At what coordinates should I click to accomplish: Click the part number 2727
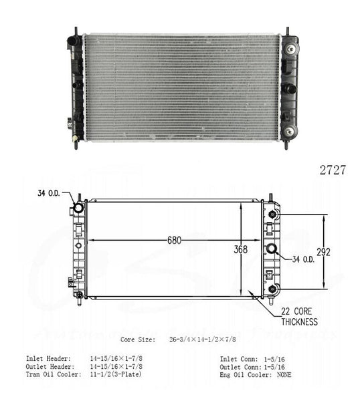click(333, 170)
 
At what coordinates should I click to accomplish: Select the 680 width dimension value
click(175, 241)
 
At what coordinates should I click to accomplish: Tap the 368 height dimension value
click(241, 249)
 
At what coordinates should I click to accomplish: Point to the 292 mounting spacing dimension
click(324, 252)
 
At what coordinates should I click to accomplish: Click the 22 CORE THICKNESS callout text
click(300, 317)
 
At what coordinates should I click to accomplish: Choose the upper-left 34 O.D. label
click(49, 193)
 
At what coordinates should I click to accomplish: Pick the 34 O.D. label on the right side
click(303, 259)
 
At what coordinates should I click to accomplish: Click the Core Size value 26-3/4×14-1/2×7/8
click(203, 340)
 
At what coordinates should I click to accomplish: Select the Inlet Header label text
click(48, 358)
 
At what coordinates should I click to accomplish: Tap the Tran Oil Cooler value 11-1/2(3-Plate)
click(116, 374)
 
